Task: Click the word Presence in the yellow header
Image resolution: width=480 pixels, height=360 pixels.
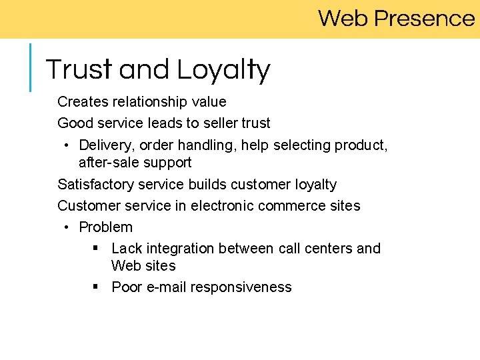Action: [x=424, y=18]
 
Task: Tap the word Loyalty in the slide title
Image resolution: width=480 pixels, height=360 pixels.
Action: [x=223, y=70]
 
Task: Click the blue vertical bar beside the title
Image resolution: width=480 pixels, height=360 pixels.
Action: [x=30, y=67]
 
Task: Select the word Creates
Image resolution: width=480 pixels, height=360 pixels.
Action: [x=82, y=102]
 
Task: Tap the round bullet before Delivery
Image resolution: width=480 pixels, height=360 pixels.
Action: [x=68, y=145]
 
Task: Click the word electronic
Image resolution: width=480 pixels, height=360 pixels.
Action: [x=222, y=206]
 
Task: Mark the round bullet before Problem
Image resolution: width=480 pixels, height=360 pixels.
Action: [x=68, y=227]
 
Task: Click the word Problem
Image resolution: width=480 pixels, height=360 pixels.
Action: [x=105, y=227]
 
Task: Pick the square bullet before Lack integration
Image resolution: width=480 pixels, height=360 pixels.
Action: [x=96, y=248]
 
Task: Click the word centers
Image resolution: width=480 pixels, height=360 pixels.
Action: [x=327, y=249]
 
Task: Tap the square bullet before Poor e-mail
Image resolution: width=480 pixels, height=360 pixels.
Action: [x=96, y=287]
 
